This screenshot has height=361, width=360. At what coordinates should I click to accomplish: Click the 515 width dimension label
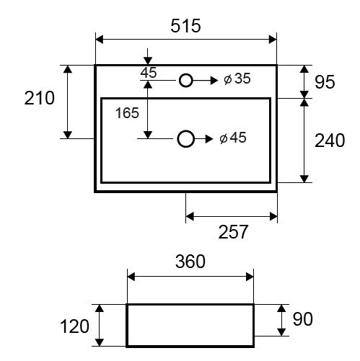(x=185, y=26)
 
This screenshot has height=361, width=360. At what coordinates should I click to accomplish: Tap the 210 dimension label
(x=40, y=98)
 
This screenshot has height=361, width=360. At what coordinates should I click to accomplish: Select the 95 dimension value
(x=325, y=82)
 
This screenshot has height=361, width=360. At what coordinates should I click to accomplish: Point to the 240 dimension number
(x=330, y=141)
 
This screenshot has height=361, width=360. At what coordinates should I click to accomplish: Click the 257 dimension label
(x=233, y=232)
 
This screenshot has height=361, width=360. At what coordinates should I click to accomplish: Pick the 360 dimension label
(x=190, y=262)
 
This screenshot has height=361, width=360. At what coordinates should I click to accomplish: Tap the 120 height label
(x=74, y=326)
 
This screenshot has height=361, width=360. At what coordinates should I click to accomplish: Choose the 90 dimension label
(x=303, y=319)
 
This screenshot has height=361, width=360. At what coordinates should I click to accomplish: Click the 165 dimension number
(x=127, y=113)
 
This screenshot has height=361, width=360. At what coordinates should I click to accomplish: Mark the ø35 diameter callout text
(x=237, y=79)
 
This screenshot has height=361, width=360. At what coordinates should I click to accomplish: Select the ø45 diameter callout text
(x=233, y=138)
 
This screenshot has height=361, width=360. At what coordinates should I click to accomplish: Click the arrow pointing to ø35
(x=205, y=80)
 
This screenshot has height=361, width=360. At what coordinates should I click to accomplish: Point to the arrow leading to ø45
(x=203, y=139)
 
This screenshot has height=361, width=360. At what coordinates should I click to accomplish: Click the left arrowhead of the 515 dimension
(x=100, y=40)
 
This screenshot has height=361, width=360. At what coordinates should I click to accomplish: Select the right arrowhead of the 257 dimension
(x=273, y=216)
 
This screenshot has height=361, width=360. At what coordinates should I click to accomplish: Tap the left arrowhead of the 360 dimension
(x=131, y=277)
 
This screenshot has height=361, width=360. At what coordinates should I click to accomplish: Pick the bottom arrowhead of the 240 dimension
(x=304, y=179)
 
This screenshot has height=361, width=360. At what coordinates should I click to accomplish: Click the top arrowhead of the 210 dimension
(x=68, y=69)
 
